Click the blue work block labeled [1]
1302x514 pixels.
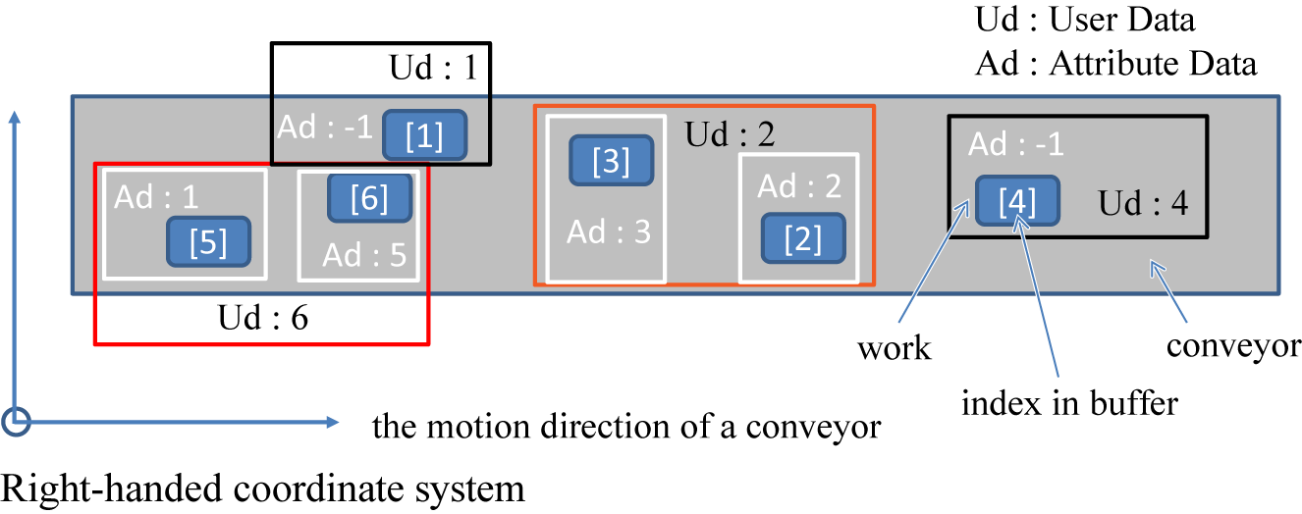click(x=423, y=136)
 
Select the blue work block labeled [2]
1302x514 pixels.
click(x=803, y=238)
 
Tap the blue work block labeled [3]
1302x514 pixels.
click(x=612, y=161)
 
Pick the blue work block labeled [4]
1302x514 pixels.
click(x=1016, y=202)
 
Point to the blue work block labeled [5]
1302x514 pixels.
click(x=208, y=241)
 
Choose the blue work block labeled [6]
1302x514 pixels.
click(x=369, y=198)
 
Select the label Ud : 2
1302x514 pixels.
click(x=730, y=134)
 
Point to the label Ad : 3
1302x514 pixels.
click(x=609, y=232)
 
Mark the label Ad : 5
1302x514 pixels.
click(x=364, y=255)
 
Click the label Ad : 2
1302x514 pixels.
click(x=798, y=185)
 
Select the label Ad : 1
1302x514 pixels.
click(x=156, y=197)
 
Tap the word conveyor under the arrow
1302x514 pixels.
click(x=1233, y=345)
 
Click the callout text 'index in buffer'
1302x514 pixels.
click(x=1069, y=402)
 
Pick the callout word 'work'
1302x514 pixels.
click(x=894, y=348)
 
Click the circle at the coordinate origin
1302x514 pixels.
click(x=17, y=422)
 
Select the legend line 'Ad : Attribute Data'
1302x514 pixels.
click(x=1115, y=64)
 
